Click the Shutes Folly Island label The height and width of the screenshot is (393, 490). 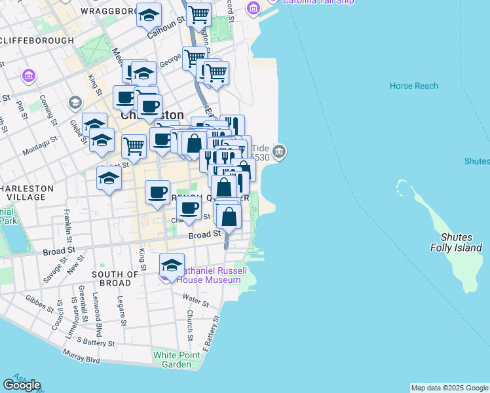tap(456, 242)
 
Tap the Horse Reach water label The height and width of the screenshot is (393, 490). tap(413, 86)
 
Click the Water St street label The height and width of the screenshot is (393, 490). tap(196, 302)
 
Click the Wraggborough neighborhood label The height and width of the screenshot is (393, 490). tap(108, 11)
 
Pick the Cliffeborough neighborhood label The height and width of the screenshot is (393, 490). tap(37, 41)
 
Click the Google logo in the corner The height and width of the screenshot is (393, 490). tap(22, 384)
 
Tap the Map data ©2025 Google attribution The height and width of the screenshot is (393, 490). tap(449, 388)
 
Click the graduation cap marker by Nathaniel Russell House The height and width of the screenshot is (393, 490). tap(172, 265)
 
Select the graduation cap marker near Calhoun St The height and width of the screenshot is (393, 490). tap(149, 14)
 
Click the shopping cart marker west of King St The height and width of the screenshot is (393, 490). tap(134, 147)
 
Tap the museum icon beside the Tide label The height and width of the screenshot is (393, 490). tap(280, 152)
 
